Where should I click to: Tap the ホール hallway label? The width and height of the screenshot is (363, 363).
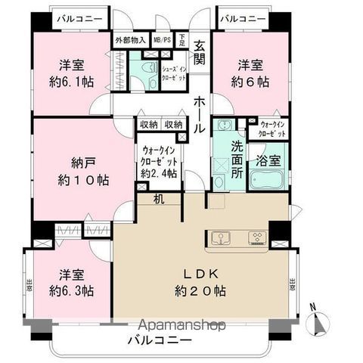(199, 112)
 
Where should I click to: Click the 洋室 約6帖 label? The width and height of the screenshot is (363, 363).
(250, 73)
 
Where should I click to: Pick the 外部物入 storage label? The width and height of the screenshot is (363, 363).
(130, 39)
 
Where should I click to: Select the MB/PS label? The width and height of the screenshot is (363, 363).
(162, 39)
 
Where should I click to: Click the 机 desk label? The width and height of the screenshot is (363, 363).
(157, 200)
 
